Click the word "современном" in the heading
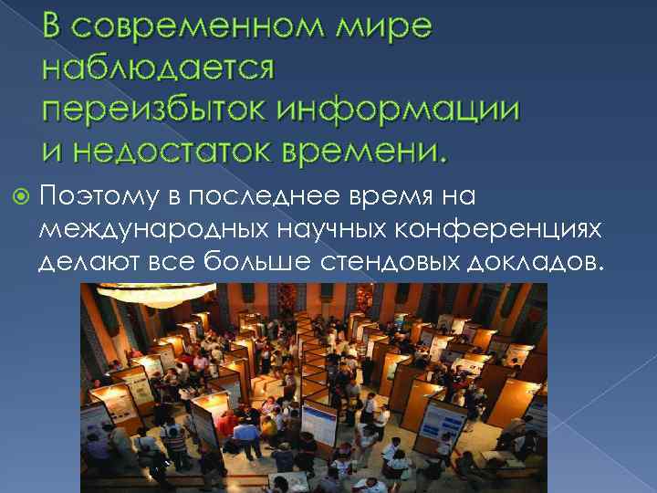(x=203, y=28)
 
